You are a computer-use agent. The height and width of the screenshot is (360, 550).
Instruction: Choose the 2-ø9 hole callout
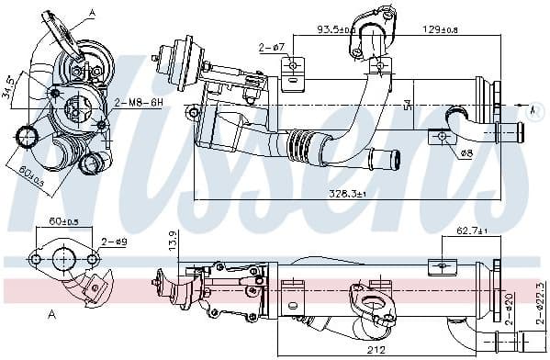click(114, 241)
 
